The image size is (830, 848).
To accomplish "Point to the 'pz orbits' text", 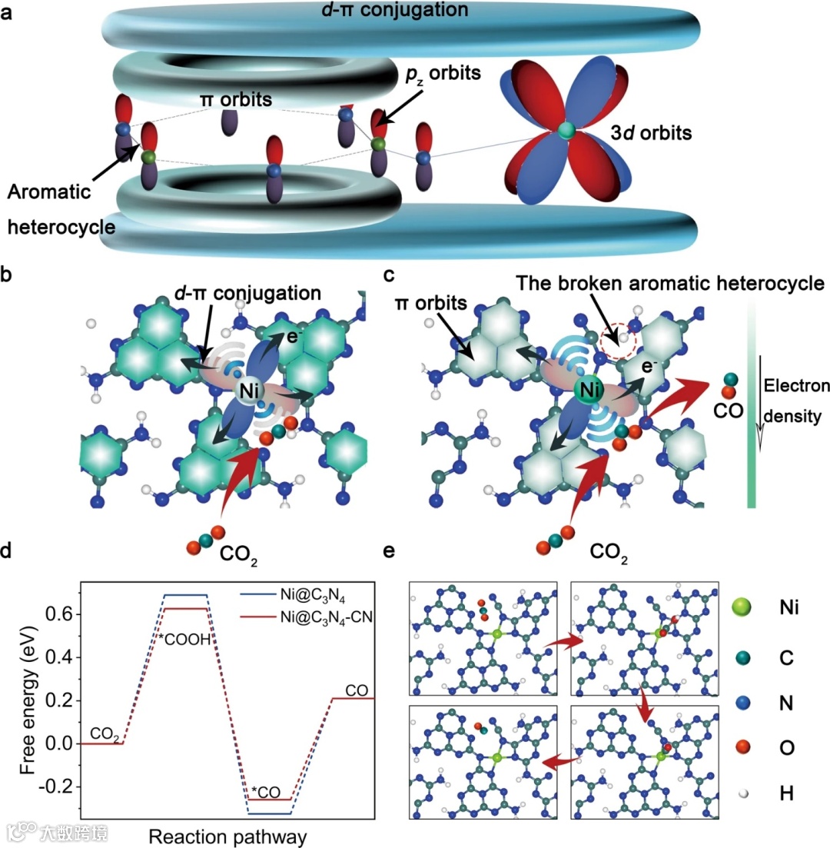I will click(444, 75).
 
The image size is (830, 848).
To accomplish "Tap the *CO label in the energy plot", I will click(267, 791).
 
